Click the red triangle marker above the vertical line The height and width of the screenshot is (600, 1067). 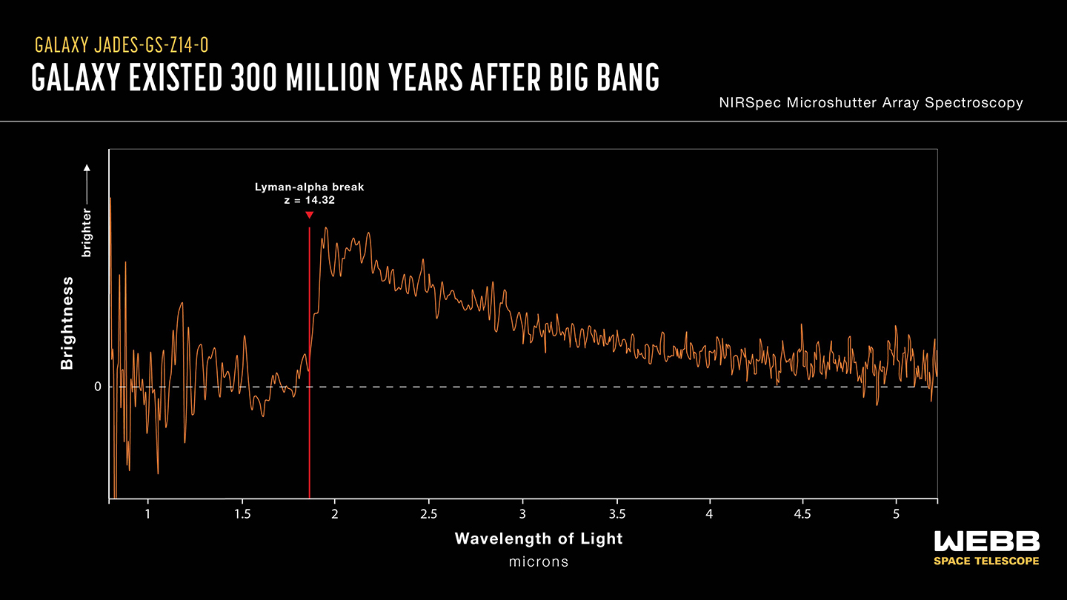309,216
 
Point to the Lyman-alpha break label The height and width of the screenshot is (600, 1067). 309,187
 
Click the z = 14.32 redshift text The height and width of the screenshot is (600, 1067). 309,200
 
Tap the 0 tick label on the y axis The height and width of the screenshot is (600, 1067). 97,387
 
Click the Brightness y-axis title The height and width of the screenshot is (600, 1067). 67,323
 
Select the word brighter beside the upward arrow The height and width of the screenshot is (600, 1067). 87,233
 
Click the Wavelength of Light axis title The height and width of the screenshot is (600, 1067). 539,539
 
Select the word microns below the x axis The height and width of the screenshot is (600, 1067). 539,561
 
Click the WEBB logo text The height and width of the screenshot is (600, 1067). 987,541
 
